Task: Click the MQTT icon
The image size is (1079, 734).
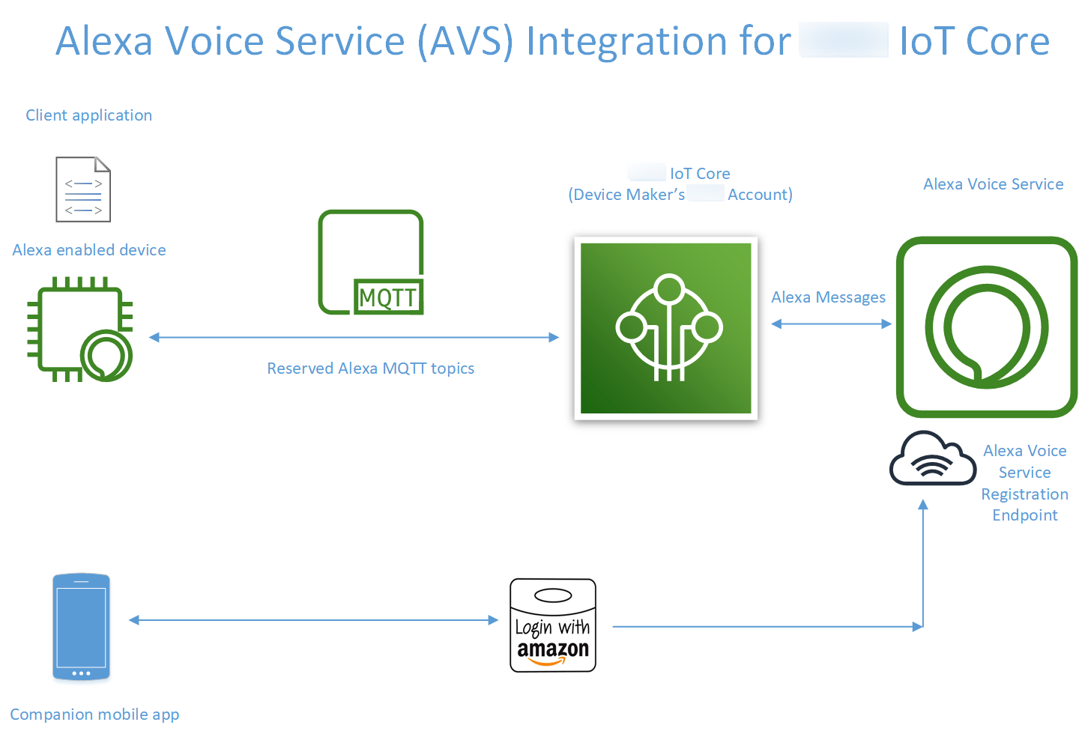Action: pyautogui.click(x=371, y=262)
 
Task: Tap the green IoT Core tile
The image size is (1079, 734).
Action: pyautogui.click(x=665, y=328)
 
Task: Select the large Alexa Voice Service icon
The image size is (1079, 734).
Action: pyautogui.click(x=986, y=327)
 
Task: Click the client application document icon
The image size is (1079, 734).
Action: pyautogui.click(x=83, y=189)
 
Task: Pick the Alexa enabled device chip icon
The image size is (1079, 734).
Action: pyautogui.click(x=79, y=330)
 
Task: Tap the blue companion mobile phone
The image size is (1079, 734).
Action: pyautogui.click(x=81, y=627)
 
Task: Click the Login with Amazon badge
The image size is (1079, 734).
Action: pyautogui.click(x=553, y=625)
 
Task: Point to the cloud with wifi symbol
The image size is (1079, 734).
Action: pyautogui.click(x=932, y=459)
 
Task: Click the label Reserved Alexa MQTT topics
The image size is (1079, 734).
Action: pyautogui.click(x=370, y=368)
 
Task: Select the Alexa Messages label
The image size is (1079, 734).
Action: pyautogui.click(x=828, y=297)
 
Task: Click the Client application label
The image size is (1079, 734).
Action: pyautogui.click(x=88, y=115)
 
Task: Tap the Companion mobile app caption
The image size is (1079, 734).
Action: pyautogui.click(x=94, y=715)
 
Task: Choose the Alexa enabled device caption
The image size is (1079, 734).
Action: pyautogui.click(x=89, y=250)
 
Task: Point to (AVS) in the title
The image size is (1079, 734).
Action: pyautogui.click(x=465, y=41)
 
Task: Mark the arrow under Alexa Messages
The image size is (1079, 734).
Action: pyautogui.click(x=831, y=324)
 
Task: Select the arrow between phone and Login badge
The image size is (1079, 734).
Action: pyautogui.click(x=313, y=620)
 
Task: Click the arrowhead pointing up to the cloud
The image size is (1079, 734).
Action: pyautogui.click(x=923, y=506)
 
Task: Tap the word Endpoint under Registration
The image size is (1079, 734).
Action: pyautogui.click(x=1024, y=515)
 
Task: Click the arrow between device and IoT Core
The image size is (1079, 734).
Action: pyautogui.click(x=354, y=338)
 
